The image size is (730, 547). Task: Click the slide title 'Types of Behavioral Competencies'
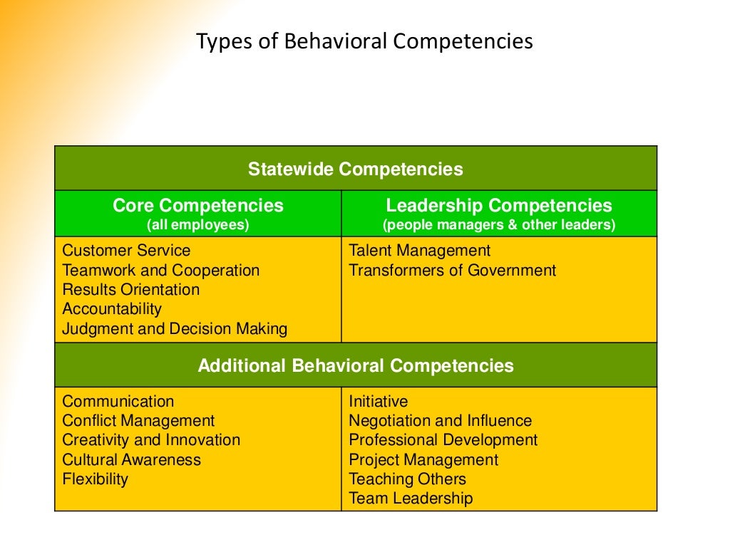click(x=364, y=41)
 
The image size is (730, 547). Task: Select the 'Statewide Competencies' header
click(x=355, y=170)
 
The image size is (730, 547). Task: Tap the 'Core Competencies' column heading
click(x=197, y=206)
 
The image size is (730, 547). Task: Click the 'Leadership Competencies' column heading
click(x=499, y=206)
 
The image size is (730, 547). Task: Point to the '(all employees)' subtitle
click(x=197, y=225)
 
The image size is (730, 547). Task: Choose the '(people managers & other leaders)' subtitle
click(x=499, y=225)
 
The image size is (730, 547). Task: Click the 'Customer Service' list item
click(x=126, y=251)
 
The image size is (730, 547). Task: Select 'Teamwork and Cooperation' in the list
click(x=160, y=271)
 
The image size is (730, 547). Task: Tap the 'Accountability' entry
click(x=112, y=309)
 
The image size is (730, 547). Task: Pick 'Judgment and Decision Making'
click(x=175, y=329)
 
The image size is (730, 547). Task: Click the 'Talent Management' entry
click(x=419, y=251)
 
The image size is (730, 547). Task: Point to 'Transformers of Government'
click(x=452, y=271)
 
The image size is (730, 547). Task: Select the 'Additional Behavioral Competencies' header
click(x=355, y=366)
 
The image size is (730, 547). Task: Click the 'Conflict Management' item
click(x=138, y=421)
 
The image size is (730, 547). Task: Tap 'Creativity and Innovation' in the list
click(x=151, y=440)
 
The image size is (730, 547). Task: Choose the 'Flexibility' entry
click(x=96, y=479)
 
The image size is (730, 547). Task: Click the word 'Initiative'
click(x=378, y=402)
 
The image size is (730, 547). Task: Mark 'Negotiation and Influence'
click(x=440, y=421)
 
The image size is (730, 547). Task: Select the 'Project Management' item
click(x=423, y=460)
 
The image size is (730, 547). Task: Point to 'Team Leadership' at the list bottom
click(x=411, y=499)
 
